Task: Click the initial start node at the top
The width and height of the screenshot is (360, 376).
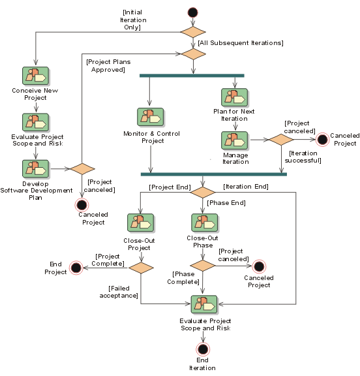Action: click(193, 12)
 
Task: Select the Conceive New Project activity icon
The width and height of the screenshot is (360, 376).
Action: click(36, 76)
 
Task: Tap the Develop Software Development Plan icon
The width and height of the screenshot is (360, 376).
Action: click(36, 169)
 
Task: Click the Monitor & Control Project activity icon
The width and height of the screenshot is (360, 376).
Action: click(151, 117)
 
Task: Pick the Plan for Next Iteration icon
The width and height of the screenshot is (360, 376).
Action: click(235, 98)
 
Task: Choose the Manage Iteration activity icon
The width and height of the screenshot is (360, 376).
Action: click(235, 140)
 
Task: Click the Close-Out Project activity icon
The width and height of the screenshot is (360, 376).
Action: click(141, 223)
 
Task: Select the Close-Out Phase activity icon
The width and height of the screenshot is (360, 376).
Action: click(205, 223)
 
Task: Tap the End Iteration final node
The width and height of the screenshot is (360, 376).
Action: click(203, 349)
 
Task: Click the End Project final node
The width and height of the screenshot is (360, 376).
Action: click(76, 268)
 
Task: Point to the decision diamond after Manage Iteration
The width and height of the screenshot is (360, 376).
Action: click(282, 140)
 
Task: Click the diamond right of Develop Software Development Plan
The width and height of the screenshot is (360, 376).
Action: click(82, 169)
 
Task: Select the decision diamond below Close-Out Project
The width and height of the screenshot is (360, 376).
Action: click(141, 268)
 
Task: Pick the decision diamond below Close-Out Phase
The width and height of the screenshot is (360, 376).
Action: click(203, 266)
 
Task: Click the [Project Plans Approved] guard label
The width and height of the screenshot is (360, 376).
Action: click(108, 66)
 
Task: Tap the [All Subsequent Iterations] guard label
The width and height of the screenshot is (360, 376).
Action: click(241, 43)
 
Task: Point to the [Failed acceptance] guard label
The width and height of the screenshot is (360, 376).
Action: click(119, 292)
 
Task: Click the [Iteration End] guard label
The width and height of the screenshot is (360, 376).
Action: click(246, 187)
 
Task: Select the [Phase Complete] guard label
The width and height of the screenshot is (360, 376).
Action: click(183, 278)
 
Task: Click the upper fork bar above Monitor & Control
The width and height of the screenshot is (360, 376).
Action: click(192, 76)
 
